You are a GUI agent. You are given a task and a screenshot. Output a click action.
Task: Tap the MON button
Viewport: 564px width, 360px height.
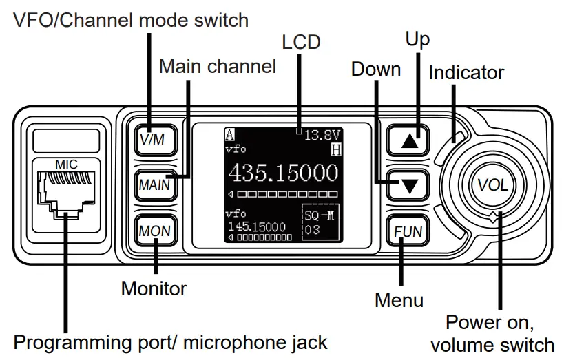click(x=154, y=230)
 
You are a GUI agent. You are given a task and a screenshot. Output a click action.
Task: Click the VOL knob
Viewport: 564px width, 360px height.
click(x=493, y=185)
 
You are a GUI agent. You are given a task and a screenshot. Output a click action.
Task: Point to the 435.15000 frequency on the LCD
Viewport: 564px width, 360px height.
click(x=283, y=172)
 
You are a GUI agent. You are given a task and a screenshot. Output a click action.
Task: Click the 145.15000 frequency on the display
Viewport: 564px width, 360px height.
click(x=256, y=226)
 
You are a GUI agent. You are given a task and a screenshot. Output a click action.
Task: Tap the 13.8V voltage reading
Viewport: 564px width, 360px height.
click(x=322, y=135)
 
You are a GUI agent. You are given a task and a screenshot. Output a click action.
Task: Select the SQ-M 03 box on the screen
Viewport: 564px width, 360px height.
click(x=320, y=222)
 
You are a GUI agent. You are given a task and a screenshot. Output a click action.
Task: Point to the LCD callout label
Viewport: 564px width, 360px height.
click(x=301, y=42)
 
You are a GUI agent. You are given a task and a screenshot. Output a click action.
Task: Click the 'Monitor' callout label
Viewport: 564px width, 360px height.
click(x=154, y=288)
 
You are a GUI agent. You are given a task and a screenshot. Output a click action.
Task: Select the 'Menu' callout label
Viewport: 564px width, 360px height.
click(x=399, y=300)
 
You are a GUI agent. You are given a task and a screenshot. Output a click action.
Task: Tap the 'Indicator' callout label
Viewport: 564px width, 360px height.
click(x=466, y=72)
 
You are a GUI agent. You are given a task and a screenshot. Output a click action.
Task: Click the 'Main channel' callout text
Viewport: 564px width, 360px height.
click(x=218, y=67)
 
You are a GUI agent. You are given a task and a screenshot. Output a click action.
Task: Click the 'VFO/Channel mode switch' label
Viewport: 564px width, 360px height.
click(x=132, y=20)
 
